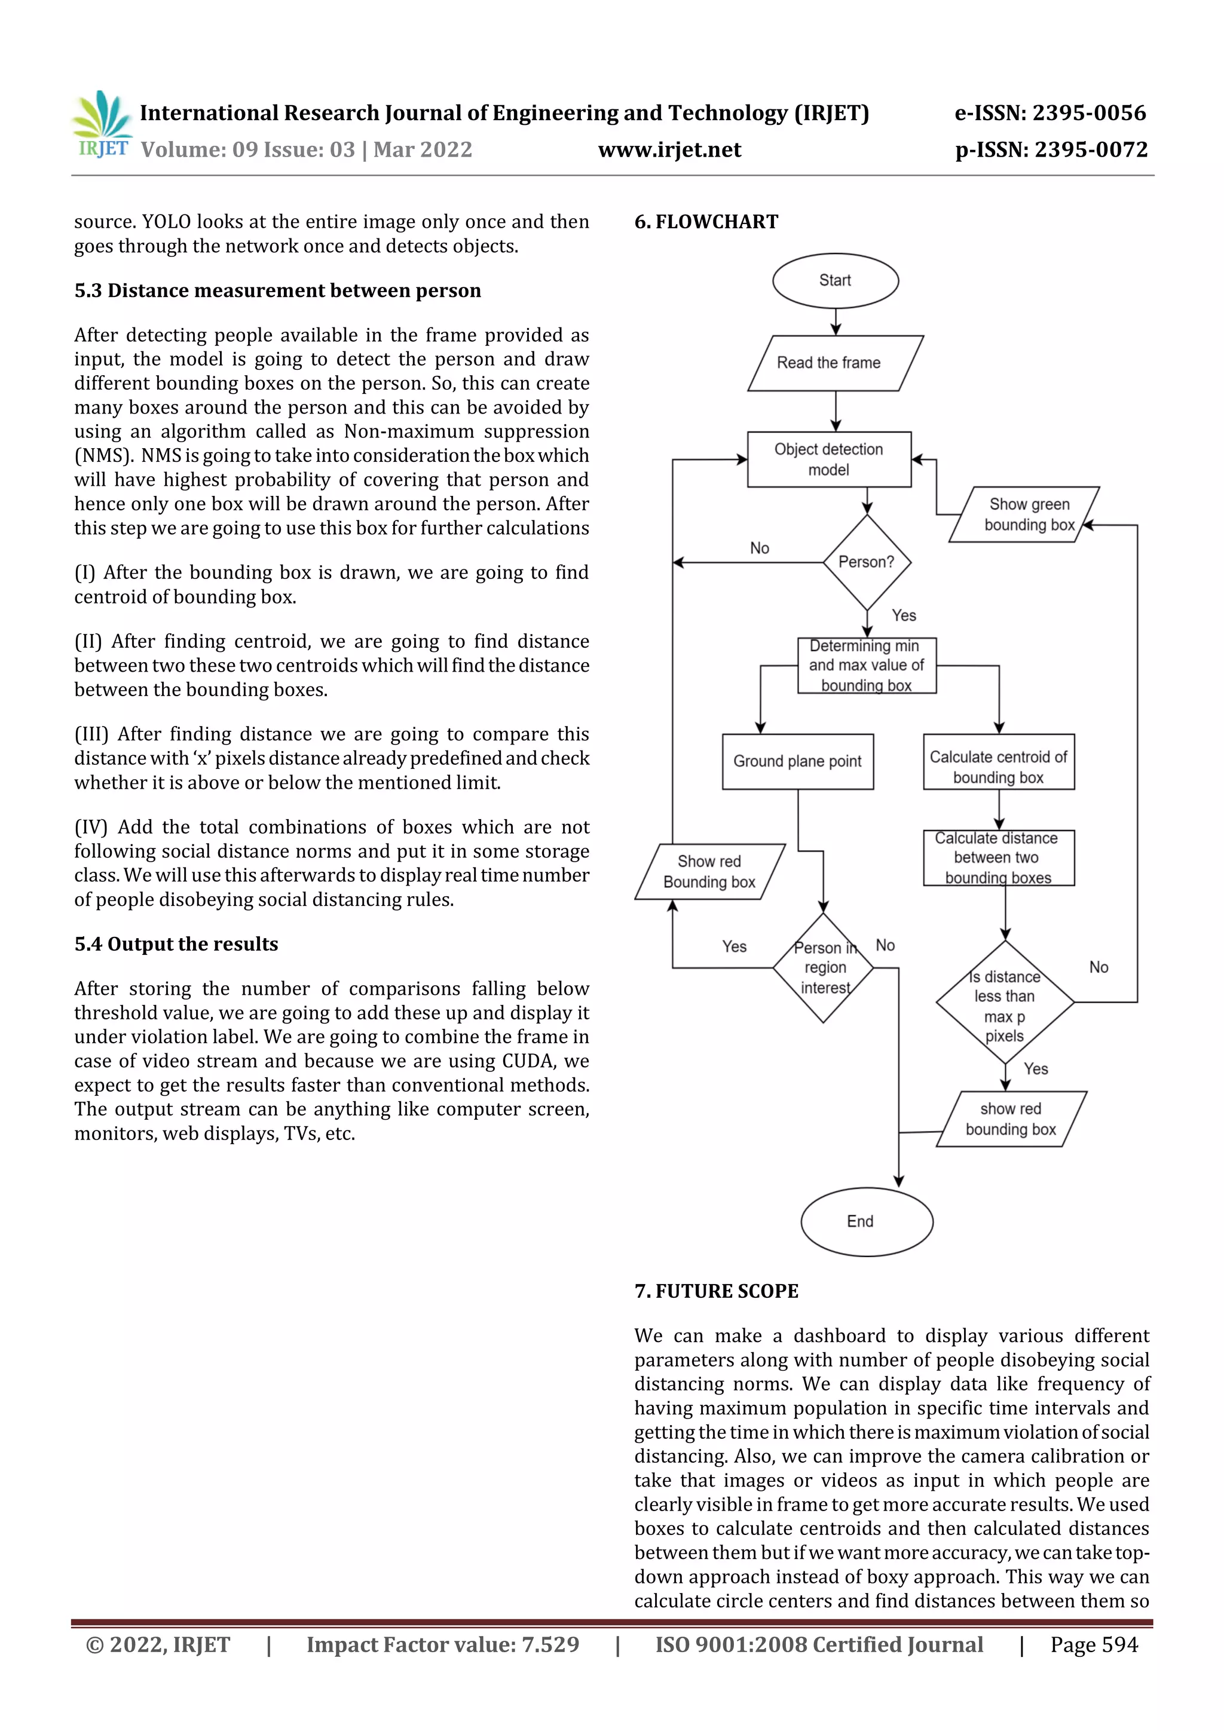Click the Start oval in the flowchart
pos(835,280)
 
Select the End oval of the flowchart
pos(866,1221)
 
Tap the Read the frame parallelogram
pos(835,363)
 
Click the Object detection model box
pos(829,459)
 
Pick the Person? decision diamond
pos(867,562)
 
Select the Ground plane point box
pos(797,761)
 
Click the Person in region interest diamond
pos(823,967)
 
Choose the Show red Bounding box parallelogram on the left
pos(709,872)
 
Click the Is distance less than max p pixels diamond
pos(1005,1003)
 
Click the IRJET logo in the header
pos(103,125)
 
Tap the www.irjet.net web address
pos(669,150)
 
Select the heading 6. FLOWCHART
pos(706,222)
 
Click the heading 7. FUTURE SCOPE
pos(716,1291)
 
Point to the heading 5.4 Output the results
pos(176,944)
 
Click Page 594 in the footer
pos(1094,1644)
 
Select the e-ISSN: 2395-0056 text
pos(1050,113)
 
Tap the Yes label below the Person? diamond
pos(904,615)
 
